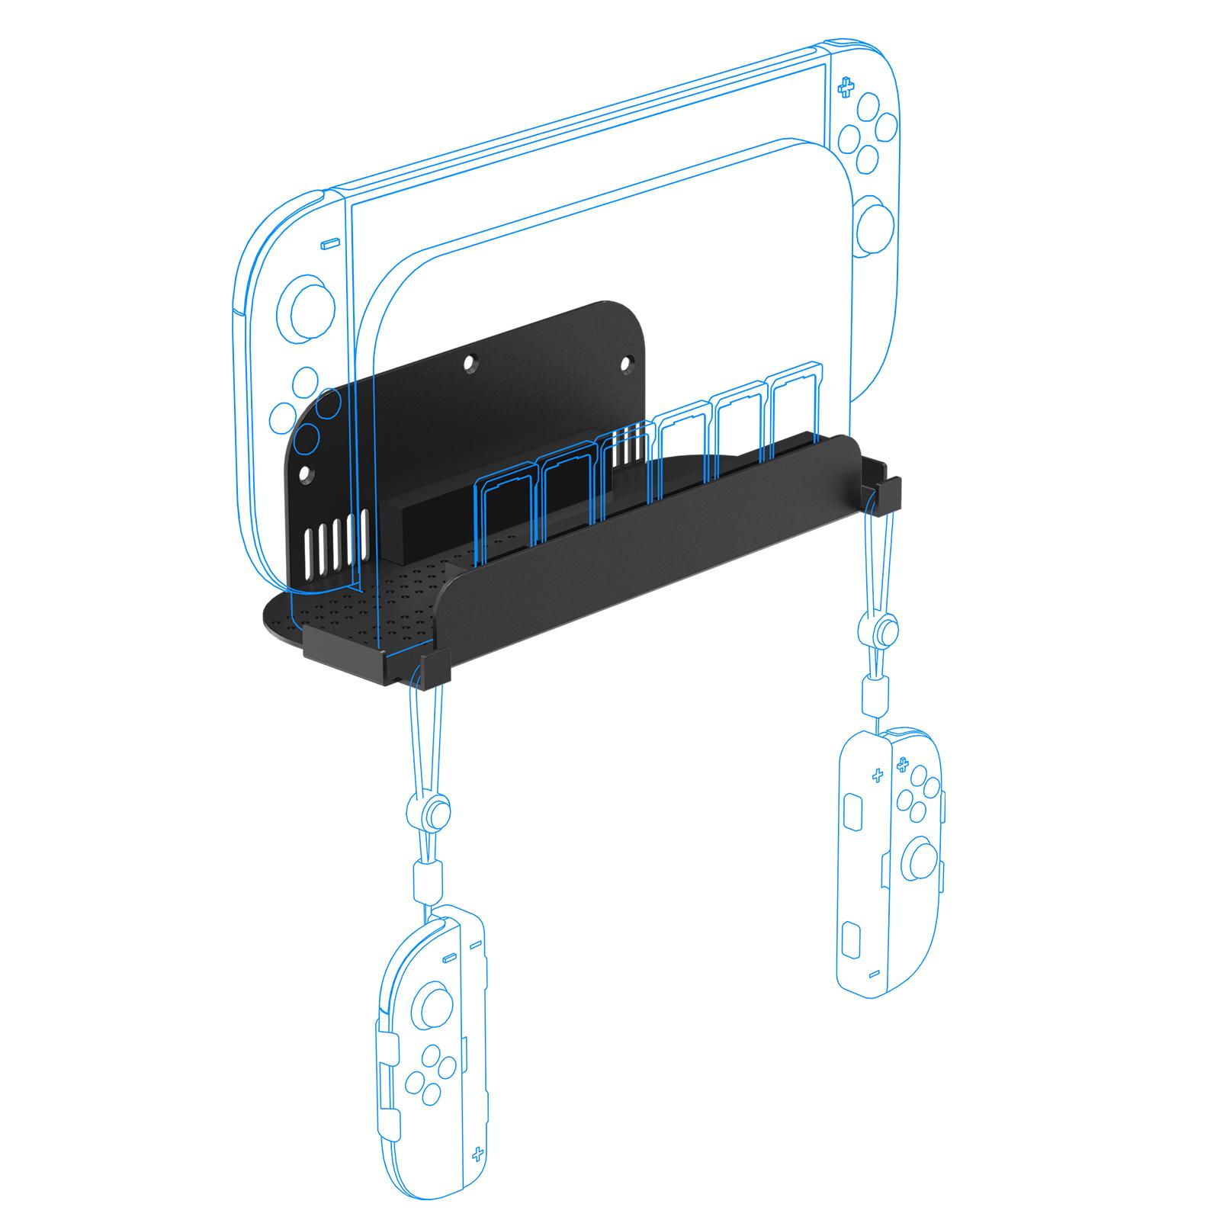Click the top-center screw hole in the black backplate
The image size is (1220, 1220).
tap(471, 358)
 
